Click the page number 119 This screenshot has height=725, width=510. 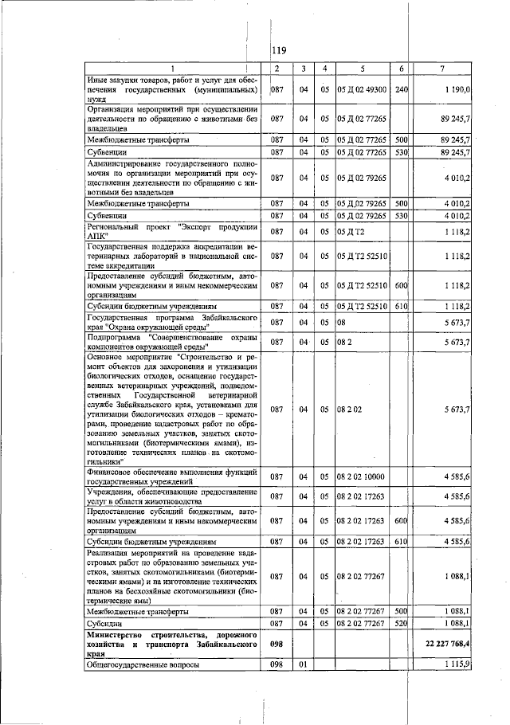pyautogui.click(x=279, y=53)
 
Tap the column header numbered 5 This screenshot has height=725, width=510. pyautogui.click(x=362, y=69)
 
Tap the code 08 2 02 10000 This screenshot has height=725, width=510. pyautogui.click(x=362, y=476)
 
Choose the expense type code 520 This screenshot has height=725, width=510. pyautogui.click(x=401, y=623)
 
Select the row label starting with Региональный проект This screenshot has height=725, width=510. pyautogui.click(x=171, y=232)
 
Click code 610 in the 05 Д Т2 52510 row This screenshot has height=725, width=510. pyautogui.click(x=401, y=306)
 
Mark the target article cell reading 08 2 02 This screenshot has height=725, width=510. pyautogui.click(x=351, y=410)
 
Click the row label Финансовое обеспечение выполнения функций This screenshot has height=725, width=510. pyautogui.click(x=171, y=476)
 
